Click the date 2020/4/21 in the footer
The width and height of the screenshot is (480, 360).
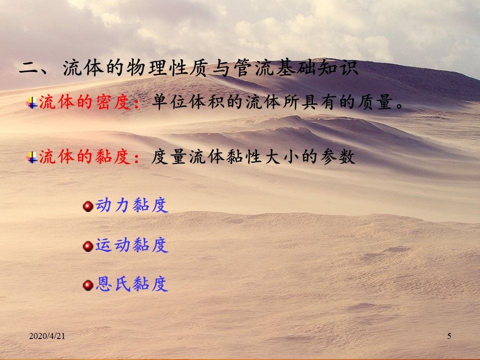pyautogui.click(x=47, y=336)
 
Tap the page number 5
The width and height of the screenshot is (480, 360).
pyautogui.click(x=449, y=336)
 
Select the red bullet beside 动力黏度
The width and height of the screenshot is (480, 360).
pyautogui.click(x=88, y=206)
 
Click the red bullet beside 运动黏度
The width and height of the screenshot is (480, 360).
pyautogui.click(x=88, y=246)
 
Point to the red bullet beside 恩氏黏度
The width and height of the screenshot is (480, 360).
pyautogui.click(x=88, y=285)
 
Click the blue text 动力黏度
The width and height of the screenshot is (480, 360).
pyautogui.click(x=131, y=205)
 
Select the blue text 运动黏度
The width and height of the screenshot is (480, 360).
pyautogui.click(x=131, y=245)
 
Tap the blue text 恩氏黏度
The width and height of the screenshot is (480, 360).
pyautogui.click(x=131, y=284)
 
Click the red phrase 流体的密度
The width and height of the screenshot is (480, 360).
pyautogui.click(x=85, y=102)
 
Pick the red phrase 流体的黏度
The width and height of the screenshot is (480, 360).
pyautogui.click(x=85, y=156)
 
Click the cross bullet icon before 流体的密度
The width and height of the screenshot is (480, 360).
pyautogui.click(x=32, y=103)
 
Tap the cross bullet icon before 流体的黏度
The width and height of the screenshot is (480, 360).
pyautogui.click(x=32, y=157)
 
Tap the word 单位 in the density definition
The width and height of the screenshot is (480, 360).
pyautogui.click(x=169, y=102)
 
